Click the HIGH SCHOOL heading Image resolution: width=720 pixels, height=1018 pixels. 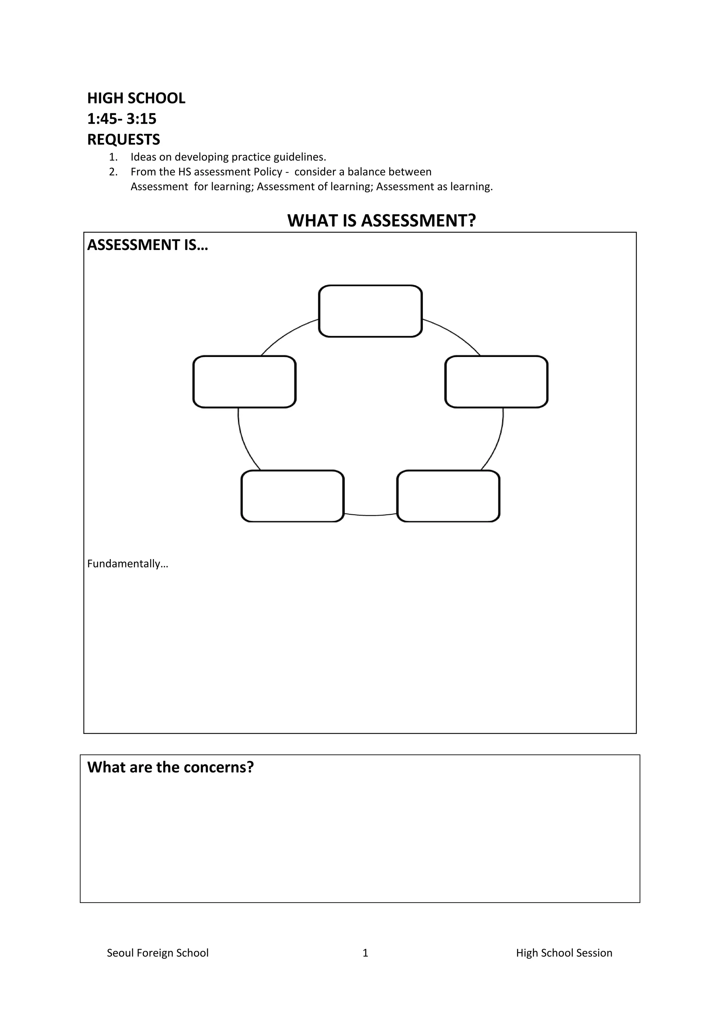tap(136, 98)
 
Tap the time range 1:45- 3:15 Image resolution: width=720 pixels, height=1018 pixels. tap(122, 119)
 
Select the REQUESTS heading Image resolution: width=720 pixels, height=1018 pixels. tap(123, 140)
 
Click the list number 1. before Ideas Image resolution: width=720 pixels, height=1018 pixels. tap(113, 157)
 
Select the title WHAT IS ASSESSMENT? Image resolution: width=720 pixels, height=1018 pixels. tap(381, 220)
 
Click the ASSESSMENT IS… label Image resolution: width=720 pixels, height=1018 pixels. tap(147, 245)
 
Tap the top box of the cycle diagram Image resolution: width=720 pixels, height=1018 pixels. tap(370, 311)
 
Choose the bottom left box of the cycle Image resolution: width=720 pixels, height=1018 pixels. tap(292, 496)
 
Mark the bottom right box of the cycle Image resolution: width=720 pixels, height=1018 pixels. tap(448, 496)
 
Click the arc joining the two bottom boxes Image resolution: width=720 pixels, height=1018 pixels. tap(370, 515)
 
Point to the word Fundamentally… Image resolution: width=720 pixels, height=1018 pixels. tap(128, 564)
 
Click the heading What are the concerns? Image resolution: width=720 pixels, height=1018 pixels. tap(170, 767)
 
